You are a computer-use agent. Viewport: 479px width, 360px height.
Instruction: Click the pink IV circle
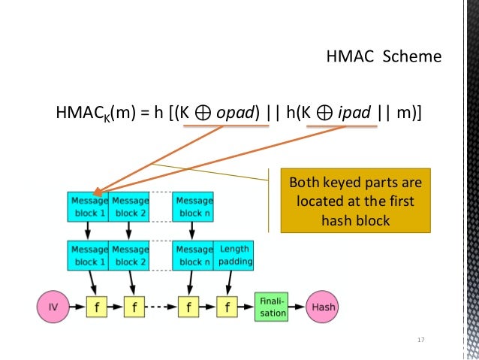(53, 307)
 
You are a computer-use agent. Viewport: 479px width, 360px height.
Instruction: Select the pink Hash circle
(324, 307)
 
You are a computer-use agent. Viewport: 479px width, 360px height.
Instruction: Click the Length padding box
(234, 255)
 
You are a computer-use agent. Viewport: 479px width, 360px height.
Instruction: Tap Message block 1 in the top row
(88, 207)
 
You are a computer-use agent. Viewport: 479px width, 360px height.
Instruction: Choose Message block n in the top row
(194, 207)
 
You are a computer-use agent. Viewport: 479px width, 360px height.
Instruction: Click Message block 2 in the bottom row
(130, 255)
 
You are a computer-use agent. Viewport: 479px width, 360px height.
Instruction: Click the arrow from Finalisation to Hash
(297, 307)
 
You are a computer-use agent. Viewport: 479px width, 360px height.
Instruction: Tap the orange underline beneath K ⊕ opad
(224, 126)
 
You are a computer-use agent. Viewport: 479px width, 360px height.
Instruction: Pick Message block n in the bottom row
(194, 255)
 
